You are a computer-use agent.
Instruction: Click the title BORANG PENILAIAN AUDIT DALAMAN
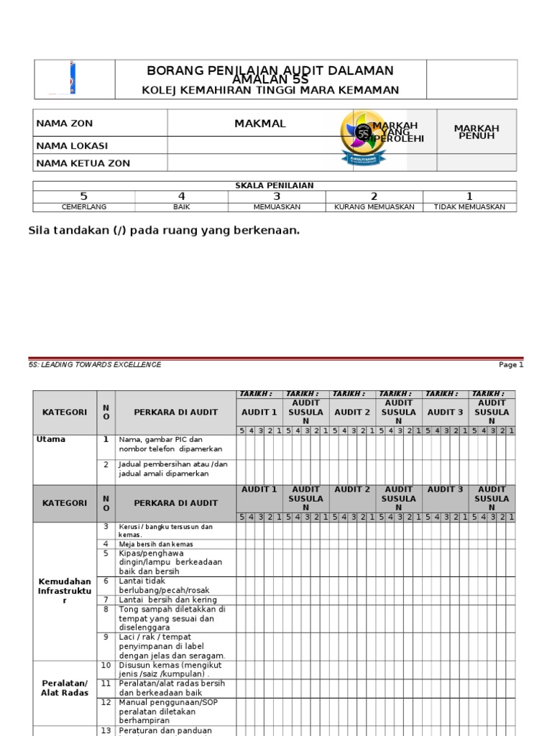270,70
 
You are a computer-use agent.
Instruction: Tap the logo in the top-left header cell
72,78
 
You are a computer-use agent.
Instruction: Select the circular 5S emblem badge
364,137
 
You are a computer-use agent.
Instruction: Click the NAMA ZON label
65,124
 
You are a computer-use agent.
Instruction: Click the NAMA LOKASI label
73,145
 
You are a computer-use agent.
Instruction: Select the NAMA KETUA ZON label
83,163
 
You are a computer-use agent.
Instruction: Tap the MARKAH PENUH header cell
476,132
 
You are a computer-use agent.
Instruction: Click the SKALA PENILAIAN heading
275,185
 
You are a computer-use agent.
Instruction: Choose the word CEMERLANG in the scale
84,207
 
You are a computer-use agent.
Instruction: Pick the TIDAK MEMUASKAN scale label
469,207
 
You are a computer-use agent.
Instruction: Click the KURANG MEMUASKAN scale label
374,207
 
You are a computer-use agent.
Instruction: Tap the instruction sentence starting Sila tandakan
163,230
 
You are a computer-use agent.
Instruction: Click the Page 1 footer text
511,364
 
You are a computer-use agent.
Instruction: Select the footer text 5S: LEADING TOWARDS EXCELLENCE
95,364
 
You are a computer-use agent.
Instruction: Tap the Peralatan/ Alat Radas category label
65,687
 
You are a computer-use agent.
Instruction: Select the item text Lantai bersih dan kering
167,599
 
